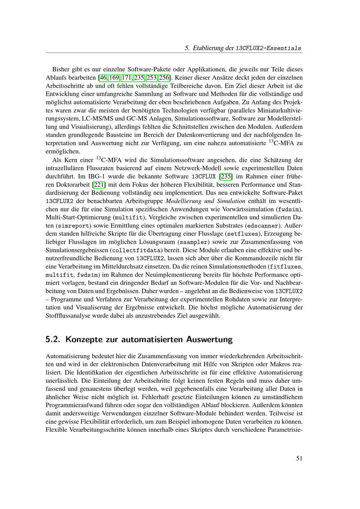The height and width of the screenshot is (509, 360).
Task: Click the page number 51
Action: tap(299, 458)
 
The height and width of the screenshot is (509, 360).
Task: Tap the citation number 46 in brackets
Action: tap(103, 77)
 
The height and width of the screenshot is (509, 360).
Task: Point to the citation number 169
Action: tap(114, 77)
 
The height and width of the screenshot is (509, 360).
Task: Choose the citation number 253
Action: tap(152, 77)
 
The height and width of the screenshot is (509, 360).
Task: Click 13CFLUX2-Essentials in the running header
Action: tap(269, 48)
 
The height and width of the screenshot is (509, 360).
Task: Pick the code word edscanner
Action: tap(262, 226)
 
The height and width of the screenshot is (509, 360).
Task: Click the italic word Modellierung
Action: tap(183, 201)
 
